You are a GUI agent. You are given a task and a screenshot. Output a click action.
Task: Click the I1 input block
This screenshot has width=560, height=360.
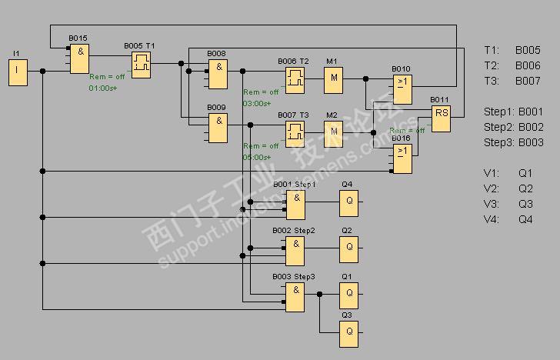[18, 72]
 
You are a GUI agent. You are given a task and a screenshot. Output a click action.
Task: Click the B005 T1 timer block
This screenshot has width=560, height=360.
[139, 65]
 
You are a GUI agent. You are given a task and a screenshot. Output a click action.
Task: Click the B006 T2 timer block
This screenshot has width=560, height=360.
[295, 78]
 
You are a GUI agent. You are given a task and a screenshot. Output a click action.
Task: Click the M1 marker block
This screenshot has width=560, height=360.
[333, 78]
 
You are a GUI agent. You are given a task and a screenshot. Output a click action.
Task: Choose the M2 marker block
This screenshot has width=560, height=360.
[333, 132]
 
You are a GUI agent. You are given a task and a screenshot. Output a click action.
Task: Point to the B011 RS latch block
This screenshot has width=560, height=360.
[441, 118]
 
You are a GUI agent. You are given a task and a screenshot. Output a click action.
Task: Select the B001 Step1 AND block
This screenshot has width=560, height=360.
[295, 204]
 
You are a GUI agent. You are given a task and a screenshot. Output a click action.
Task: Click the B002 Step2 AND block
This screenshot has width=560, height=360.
[295, 249]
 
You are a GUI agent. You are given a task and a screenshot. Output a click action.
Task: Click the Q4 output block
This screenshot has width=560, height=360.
[349, 204]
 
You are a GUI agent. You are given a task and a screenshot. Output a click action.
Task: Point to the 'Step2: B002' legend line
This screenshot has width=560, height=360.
[514, 127]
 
